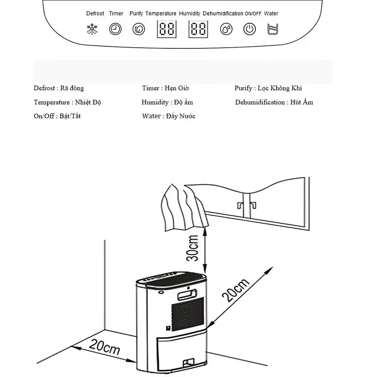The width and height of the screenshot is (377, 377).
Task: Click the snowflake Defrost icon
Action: click(x=91, y=29)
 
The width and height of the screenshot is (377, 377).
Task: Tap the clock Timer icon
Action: click(x=115, y=29)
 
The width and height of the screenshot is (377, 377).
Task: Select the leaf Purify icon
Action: click(x=138, y=29)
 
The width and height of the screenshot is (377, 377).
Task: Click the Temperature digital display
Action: click(x=167, y=30)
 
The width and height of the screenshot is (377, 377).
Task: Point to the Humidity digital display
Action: click(x=198, y=30)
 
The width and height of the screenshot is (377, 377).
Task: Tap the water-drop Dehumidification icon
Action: click(x=226, y=29)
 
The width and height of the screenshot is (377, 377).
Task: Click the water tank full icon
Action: click(x=271, y=29)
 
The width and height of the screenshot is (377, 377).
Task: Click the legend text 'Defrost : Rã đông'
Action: click(x=58, y=88)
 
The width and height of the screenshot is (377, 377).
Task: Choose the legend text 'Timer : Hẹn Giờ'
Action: click(x=165, y=88)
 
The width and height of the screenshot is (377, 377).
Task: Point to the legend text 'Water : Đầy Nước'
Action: click(x=168, y=116)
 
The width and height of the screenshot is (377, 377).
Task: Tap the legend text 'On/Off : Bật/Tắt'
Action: click(x=57, y=116)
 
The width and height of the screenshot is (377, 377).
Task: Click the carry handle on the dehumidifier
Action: click(x=186, y=295)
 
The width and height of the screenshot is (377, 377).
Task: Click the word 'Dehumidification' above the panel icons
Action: click(x=223, y=14)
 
